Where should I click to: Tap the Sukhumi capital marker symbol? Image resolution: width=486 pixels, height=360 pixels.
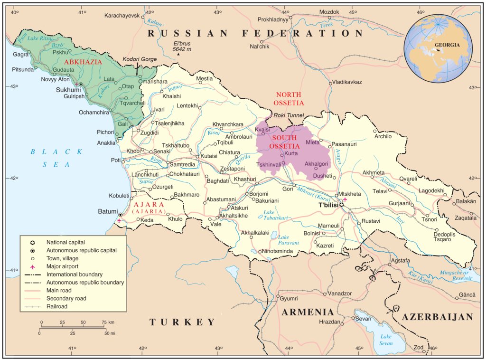pyautogui.click(x=81, y=84)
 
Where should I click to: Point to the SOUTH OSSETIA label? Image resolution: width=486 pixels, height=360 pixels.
pyautogui.click(x=285, y=142)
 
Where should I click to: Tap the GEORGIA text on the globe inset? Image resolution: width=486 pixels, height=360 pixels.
pyautogui.click(x=447, y=45)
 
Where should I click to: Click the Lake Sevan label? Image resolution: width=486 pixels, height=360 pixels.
pyautogui.click(x=385, y=340)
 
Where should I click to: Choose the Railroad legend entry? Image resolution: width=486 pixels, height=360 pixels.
pyautogui.click(x=56, y=307)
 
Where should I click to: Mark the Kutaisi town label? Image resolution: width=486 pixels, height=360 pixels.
pyautogui.click(x=209, y=156)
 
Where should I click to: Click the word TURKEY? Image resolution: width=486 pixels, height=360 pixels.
pyautogui.click(x=183, y=322)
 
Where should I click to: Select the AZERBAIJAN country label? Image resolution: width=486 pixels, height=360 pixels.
pyautogui.click(x=438, y=317)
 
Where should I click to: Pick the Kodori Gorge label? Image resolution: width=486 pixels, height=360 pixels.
pyautogui.click(x=139, y=59)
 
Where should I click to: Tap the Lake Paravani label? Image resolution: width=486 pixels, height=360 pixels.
pyautogui.click(x=289, y=240)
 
